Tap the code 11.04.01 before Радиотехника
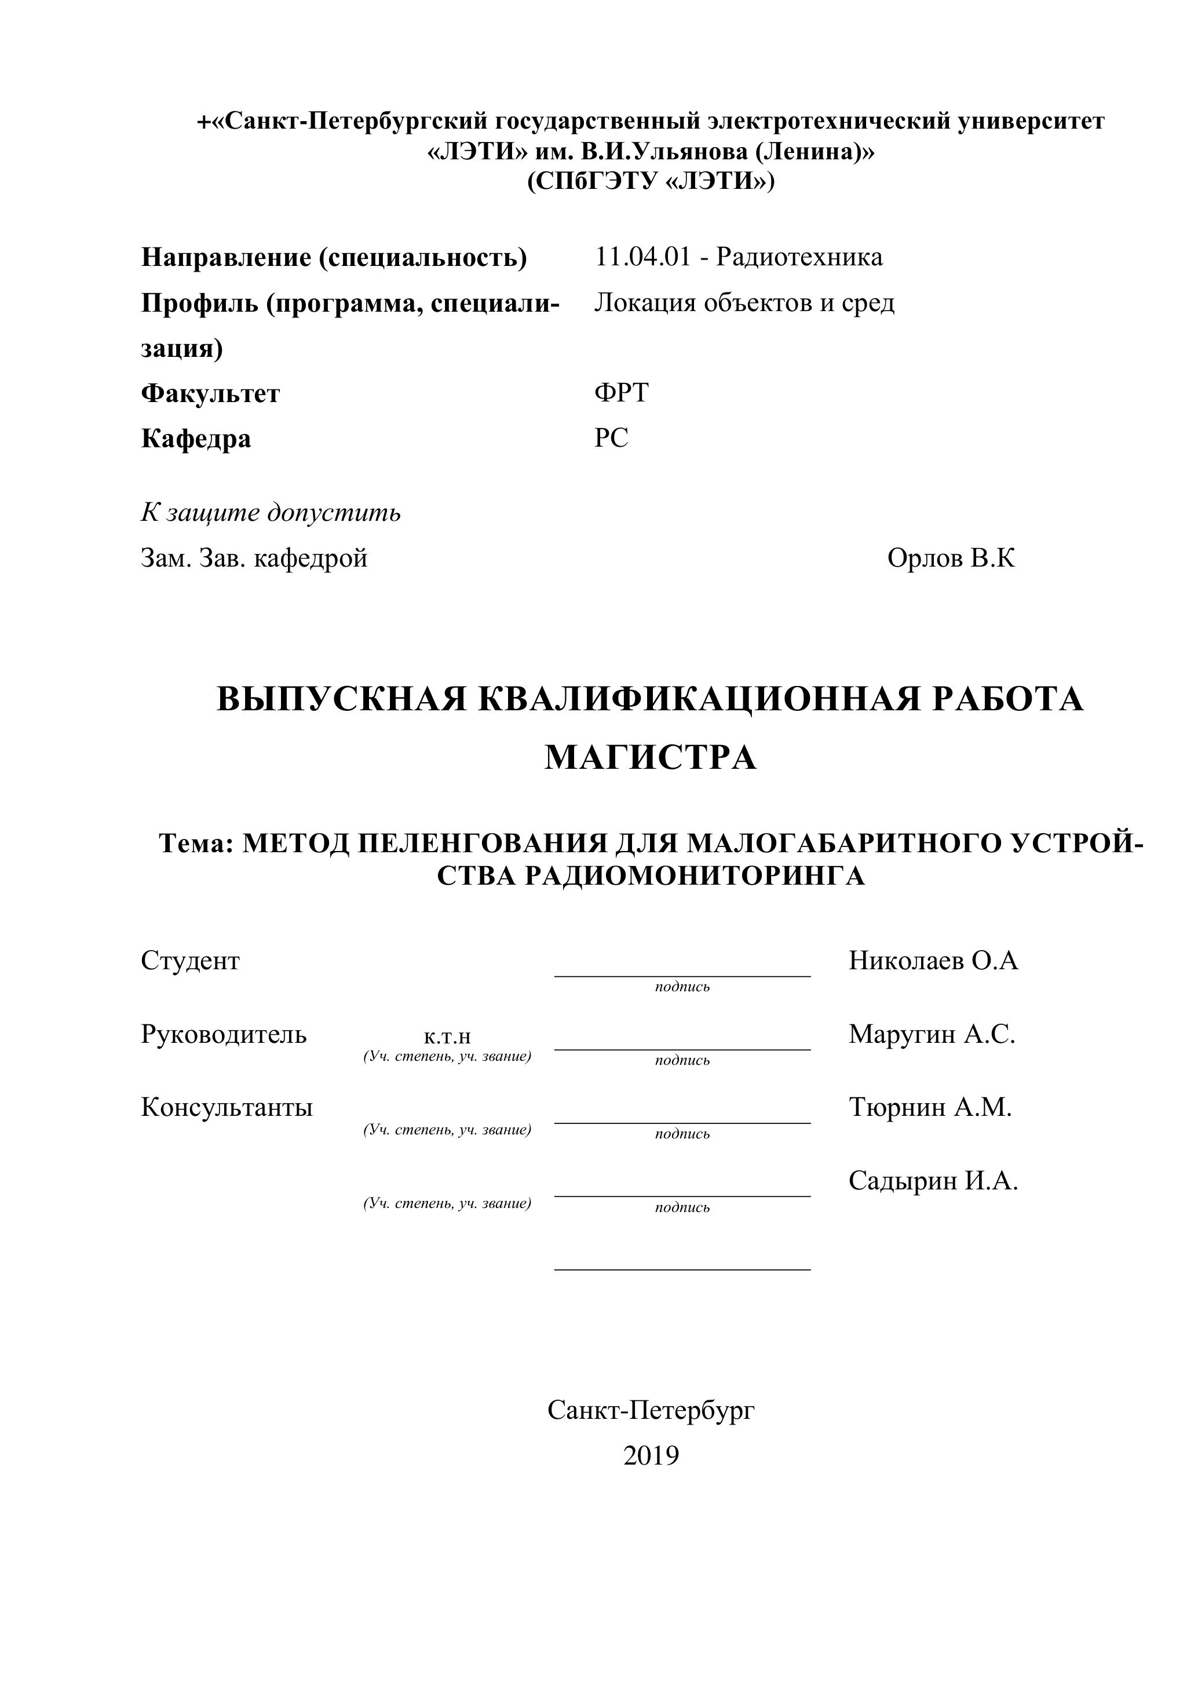pos(643,257)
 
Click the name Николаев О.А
pos(933,961)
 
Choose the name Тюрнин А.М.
pos(930,1108)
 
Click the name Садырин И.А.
pos(933,1181)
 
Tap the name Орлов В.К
pos(951,558)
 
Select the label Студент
pos(191,961)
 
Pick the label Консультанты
pos(227,1108)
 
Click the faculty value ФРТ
pos(621,393)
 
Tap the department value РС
pos(612,438)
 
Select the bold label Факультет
pos(210,393)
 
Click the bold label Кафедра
pos(196,439)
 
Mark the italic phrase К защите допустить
pos(271,512)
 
